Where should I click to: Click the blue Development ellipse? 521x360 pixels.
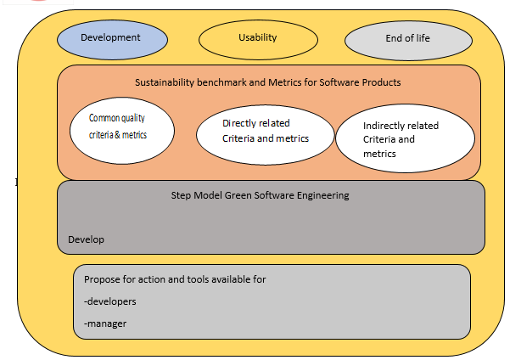coord(112,40)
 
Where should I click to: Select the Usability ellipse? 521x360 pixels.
coord(258,40)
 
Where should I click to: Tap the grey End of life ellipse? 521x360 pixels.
coord(408,41)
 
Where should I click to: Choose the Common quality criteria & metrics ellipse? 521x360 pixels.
coord(122,131)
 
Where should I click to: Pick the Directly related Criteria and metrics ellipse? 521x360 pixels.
coord(265,135)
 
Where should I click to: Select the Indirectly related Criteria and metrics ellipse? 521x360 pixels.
coord(405,138)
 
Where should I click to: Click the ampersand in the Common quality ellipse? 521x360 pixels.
coord(118,135)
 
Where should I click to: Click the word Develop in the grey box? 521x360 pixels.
coord(86,239)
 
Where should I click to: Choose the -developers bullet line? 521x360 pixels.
coord(110,301)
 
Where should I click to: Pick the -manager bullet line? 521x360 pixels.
coord(105,323)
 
